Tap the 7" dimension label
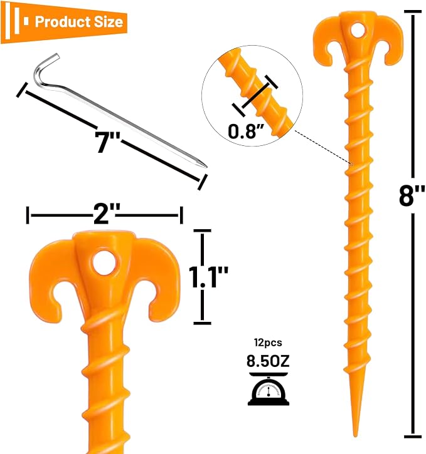107,142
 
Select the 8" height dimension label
412,195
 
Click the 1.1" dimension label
208,277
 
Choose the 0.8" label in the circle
246,131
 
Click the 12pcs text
268,343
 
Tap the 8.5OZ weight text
268,361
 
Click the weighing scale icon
269,390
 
